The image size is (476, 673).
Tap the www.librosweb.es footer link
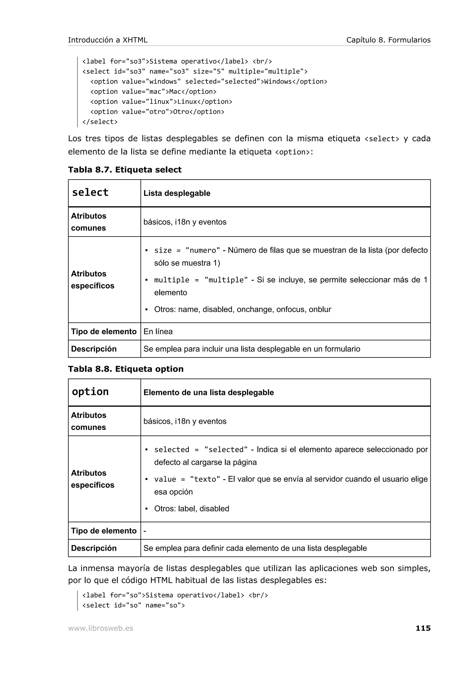[x=100, y=628]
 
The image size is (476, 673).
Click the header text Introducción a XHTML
[x=108, y=40]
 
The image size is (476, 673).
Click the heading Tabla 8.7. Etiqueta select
[x=125, y=170]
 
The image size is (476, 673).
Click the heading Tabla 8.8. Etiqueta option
[x=126, y=369]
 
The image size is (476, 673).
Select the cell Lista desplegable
[x=177, y=193]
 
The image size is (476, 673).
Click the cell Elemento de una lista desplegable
[x=208, y=392]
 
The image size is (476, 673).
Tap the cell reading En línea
[x=158, y=332]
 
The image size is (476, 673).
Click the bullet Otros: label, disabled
[x=191, y=509]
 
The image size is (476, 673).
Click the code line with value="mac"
[x=153, y=92]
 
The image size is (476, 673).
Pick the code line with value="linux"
[x=161, y=102]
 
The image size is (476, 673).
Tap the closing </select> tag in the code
[x=100, y=122]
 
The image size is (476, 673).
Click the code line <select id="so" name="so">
[x=133, y=605]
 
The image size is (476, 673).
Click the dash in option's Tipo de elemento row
[x=145, y=531]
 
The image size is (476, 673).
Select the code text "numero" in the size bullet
[x=203, y=250]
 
